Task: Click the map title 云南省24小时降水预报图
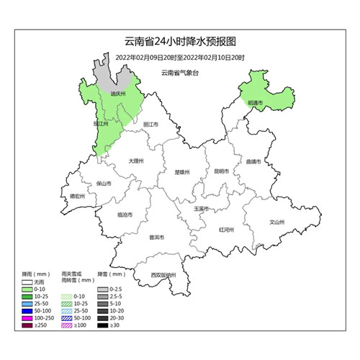pos(180,42)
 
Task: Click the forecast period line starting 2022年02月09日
pos(180,57)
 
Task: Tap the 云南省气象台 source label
pos(179,73)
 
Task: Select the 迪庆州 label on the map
pos(119,94)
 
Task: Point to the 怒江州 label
pos(102,124)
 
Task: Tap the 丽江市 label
pos(150,124)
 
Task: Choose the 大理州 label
pos(136,161)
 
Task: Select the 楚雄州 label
pos(182,172)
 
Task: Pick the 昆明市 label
pos(221,171)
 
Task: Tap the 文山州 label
pos(277,222)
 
